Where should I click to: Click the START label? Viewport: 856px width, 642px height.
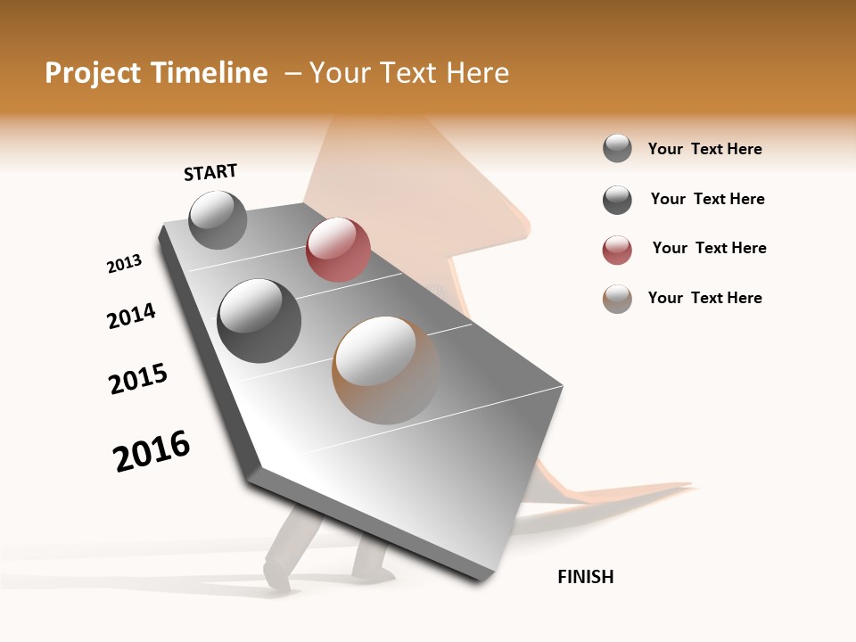click(x=210, y=172)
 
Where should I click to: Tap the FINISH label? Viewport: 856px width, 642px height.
click(x=586, y=577)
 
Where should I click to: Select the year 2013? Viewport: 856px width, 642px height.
click(x=124, y=264)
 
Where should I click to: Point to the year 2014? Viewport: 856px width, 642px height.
click(x=131, y=316)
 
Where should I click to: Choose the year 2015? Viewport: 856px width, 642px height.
click(x=138, y=379)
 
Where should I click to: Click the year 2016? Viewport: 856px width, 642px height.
click(x=152, y=451)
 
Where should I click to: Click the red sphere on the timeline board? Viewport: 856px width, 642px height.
click(x=338, y=250)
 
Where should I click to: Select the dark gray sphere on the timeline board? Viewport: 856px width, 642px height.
click(x=259, y=320)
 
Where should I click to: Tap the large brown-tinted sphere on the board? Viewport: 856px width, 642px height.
click(x=386, y=369)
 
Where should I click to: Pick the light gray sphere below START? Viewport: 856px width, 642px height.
click(x=218, y=219)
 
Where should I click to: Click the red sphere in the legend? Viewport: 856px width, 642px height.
click(x=617, y=250)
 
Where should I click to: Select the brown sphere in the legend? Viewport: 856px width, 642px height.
click(x=617, y=299)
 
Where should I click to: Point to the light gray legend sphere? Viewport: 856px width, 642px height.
click(x=617, y=148)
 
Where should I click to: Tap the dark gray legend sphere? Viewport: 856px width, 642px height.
click(x=617, y=200)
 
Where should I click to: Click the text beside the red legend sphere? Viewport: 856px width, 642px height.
click(x=709, y=248)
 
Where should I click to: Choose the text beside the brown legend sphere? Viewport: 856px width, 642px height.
click(x=704, y=298)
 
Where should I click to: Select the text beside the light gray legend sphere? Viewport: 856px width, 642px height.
click(x=704, y=149)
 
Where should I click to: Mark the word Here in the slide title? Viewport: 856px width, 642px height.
click(x=477, y=73)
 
